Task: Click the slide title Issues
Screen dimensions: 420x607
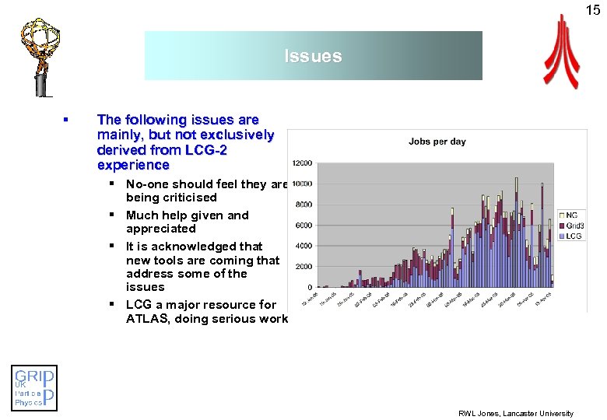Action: pyautogui.click(x=313, y=56)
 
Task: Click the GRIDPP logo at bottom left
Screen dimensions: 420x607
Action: pyautogui.click(x=35, y=387)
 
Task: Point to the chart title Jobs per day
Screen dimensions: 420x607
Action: pyautogui.click(x=437, y=142)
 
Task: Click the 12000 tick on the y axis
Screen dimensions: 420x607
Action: pyautogui.click(x=302, y=163)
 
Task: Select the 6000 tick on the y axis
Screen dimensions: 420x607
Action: pyautogui.click(x=303, y=226)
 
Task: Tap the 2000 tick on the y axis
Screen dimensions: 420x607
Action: pyautogui.click(x=303, y=267)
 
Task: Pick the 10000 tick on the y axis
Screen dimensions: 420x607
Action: pyautogui.click(x=302, y=184)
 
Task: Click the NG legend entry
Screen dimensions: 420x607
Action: pyautogui.click(x=571, y=215)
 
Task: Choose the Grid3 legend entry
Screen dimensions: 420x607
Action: pyautogui.click(x=574, y=225)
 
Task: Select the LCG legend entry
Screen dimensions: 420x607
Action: pyautogui.click(x=573, y=235)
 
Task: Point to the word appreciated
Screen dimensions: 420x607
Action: pyautogui.click(x=161, y=229)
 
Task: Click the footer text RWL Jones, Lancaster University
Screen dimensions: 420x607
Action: pyautogui.click(x=515, y=413)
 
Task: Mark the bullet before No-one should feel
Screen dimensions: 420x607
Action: pyautogui.click(x=113, y=184)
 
